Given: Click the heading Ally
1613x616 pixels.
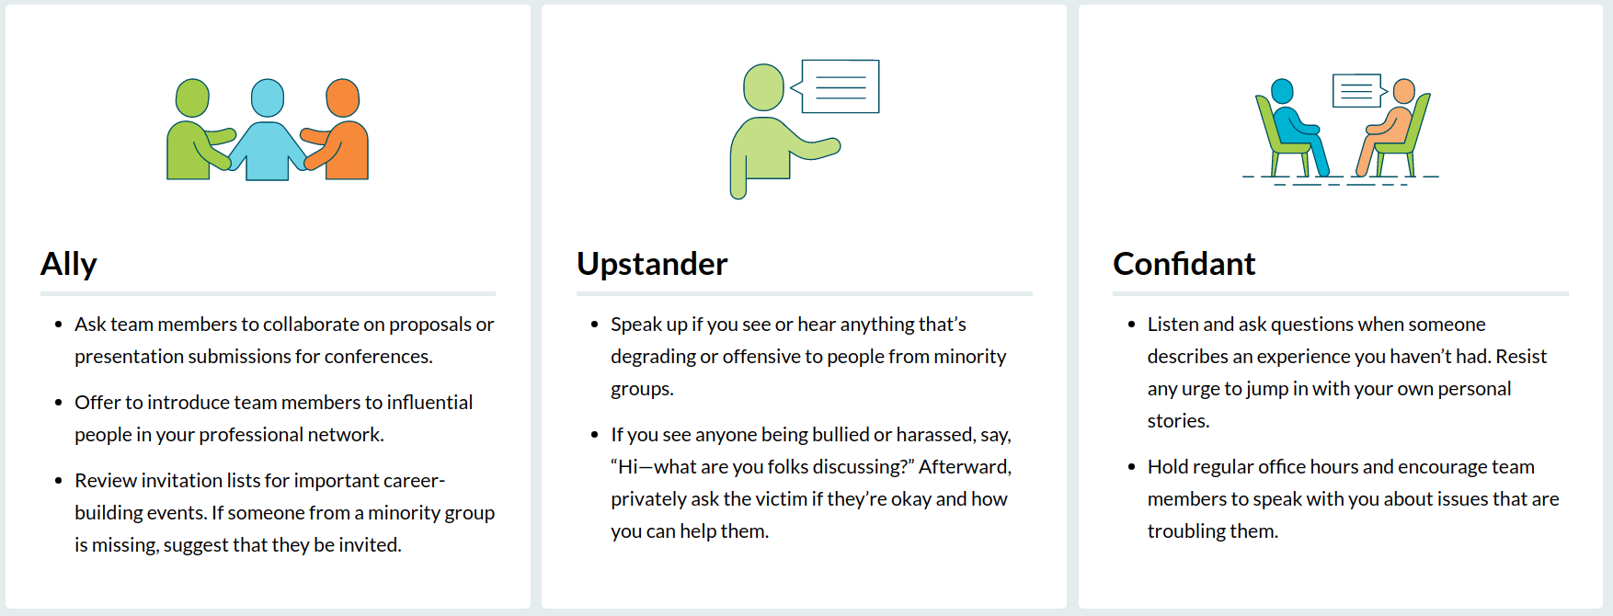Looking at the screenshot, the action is point(69,265).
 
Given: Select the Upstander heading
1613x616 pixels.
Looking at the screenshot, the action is point(652,265).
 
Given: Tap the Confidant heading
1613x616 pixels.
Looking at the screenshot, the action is point(1184,264).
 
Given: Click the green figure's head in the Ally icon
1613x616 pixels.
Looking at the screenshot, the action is point(192,97).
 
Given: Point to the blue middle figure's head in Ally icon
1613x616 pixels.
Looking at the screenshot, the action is point(268,97).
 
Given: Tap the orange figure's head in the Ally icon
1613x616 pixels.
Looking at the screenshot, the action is point(343,97).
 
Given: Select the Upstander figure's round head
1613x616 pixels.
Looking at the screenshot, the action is point(763,87).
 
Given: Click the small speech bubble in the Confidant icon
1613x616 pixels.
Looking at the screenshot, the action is point(1359,91).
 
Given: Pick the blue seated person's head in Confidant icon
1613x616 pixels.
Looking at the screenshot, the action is point(1282,91).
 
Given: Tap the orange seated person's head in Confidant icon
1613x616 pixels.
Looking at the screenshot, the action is point(1404,91).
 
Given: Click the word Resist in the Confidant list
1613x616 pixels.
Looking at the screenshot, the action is point(1521,357).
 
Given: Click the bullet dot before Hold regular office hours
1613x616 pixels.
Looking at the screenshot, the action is point(1131,467).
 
